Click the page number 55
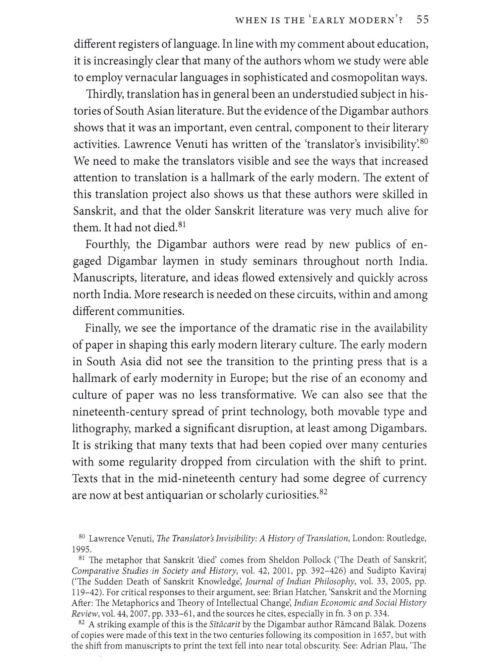pos(422,20)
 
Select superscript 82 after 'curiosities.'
pos(323,492)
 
